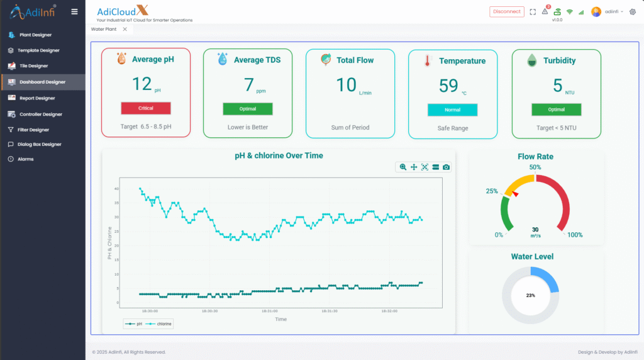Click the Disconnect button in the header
[x=507, y=11]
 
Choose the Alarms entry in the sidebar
[x=26, y=159]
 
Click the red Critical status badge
[x=145, y=108]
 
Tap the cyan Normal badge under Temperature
[x=452, y=110]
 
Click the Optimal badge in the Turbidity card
[x=556, y=110]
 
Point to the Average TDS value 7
[x=248, y=84]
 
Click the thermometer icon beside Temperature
[x=428, y=61]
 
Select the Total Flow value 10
[x=346, y=84]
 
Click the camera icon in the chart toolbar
[x=446, y=167]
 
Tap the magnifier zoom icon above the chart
[x=403, y=167]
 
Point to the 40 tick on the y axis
[x=117, y=189]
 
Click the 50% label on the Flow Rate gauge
[x=535, y=167]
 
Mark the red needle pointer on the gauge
[x=515, y=194]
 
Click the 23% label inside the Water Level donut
[x=530, y=295]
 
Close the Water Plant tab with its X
[x=125, y=29]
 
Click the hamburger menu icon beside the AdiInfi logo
[x=75, y=11]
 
